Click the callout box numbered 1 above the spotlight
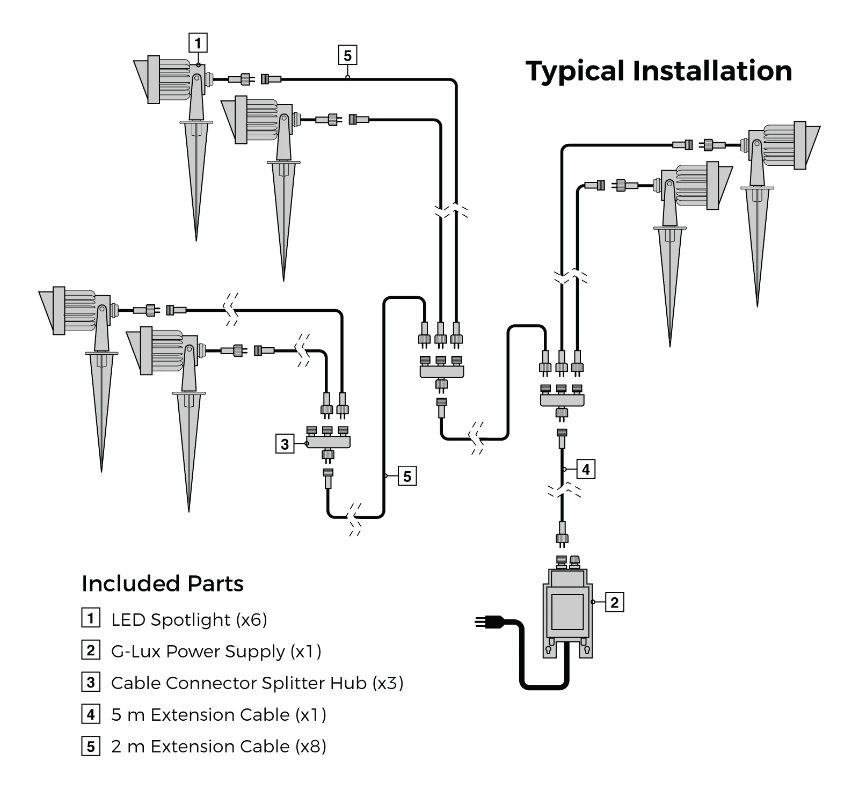[x=198, y=42]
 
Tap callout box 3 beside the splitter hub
[x=285, y=444]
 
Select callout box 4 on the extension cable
[x=586, y=470]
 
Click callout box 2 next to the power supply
[x=615, y=602]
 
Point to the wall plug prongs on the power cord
[x=482, y=622]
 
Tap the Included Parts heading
[x=163, y=583]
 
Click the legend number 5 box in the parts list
[x=91, y=747]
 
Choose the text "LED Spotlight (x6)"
[x=189, y=620]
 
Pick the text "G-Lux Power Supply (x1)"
[x=216, y=652]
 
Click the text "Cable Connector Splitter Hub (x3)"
[x=257, y=683]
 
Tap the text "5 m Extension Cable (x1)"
[x=219, y=715]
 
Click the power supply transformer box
[x=567, y=612]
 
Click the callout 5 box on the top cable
[x=347, y=55]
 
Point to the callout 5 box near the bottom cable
[x=407, y=476]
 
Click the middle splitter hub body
[x=441, y=371]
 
